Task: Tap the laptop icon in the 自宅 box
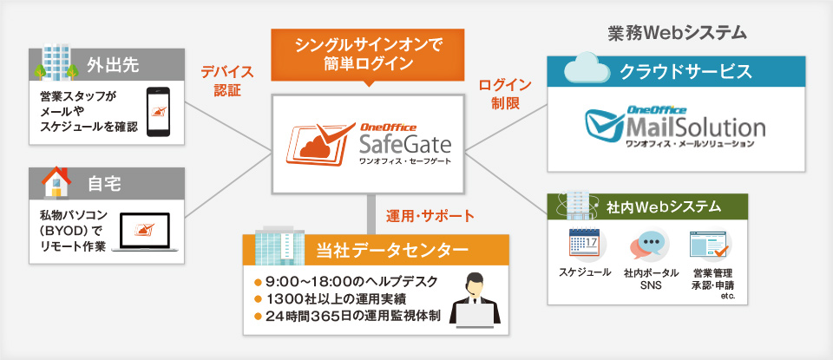[145, 232]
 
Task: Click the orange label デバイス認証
[227, 81]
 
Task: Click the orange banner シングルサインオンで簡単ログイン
[368, 55]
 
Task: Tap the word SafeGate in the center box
[405, 143]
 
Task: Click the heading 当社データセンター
[392, 250]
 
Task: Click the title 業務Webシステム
[678, 33]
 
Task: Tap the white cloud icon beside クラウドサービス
[587, 68]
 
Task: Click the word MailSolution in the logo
[695, 128]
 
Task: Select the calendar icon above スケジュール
[584, 245]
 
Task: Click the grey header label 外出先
[113, 66]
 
